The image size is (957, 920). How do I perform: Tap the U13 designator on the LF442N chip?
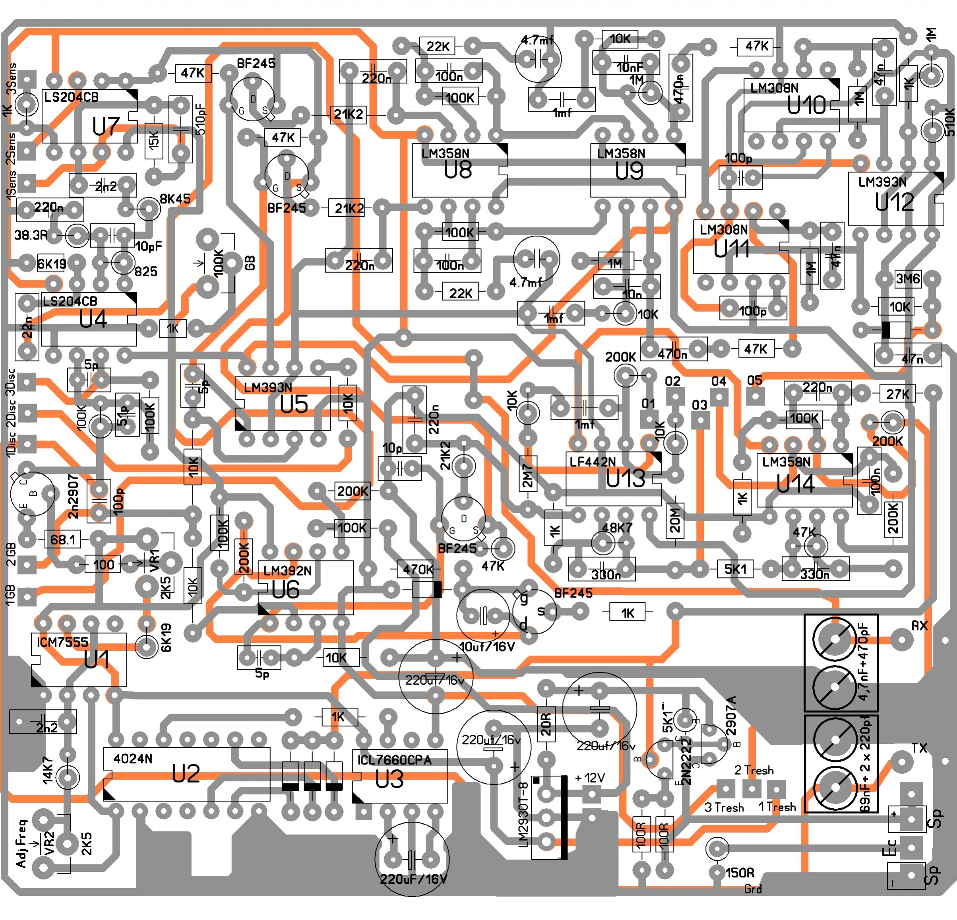point(625,479)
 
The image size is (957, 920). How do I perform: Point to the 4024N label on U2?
point(133,759)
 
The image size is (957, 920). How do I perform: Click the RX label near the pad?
point(919,626)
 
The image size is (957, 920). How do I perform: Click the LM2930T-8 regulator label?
point(523,814)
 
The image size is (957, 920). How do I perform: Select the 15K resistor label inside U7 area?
point(154,141)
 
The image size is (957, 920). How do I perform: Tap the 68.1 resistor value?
point(63,540)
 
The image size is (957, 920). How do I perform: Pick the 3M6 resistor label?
point(908,279)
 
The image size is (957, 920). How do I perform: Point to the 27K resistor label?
point(897,394)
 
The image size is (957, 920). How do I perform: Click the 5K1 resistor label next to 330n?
point(735,569)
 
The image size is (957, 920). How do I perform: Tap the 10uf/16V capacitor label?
point(488,647)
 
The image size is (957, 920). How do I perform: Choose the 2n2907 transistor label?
point(73,496)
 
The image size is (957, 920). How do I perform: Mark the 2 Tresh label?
point(754,771)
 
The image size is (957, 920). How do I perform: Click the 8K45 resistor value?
point(175,199)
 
